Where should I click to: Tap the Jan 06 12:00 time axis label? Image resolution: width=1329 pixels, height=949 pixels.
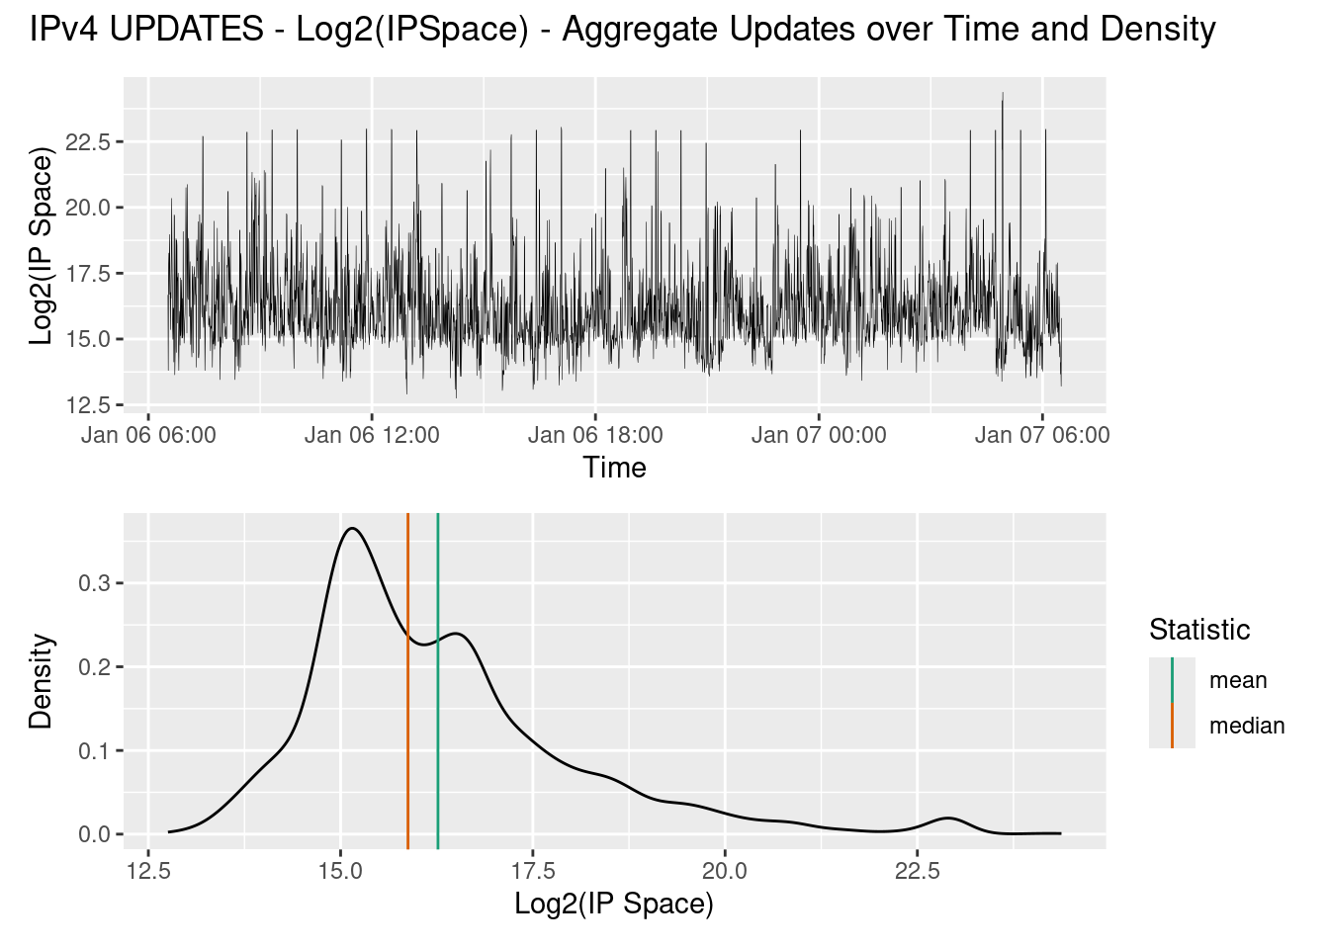372,435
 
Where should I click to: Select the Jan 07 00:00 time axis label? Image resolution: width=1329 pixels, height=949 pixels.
819,435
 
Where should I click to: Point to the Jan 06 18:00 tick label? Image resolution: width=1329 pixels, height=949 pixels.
595,435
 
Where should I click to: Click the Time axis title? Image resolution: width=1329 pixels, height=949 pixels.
614,468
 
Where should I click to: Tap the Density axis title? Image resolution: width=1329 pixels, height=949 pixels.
41,681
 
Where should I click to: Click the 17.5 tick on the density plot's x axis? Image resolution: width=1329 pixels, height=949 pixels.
533,871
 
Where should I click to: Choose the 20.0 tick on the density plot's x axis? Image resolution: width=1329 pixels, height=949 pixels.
725,871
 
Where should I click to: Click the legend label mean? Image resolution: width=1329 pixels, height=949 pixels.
1238,680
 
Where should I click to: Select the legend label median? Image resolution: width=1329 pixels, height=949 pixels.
1246,726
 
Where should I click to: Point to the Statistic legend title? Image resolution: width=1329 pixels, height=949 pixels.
1199,630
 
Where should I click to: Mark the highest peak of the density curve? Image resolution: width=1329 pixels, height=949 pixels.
352,529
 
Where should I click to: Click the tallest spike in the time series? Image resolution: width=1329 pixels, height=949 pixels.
1003,95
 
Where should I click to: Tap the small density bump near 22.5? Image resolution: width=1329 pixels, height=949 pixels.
949,819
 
